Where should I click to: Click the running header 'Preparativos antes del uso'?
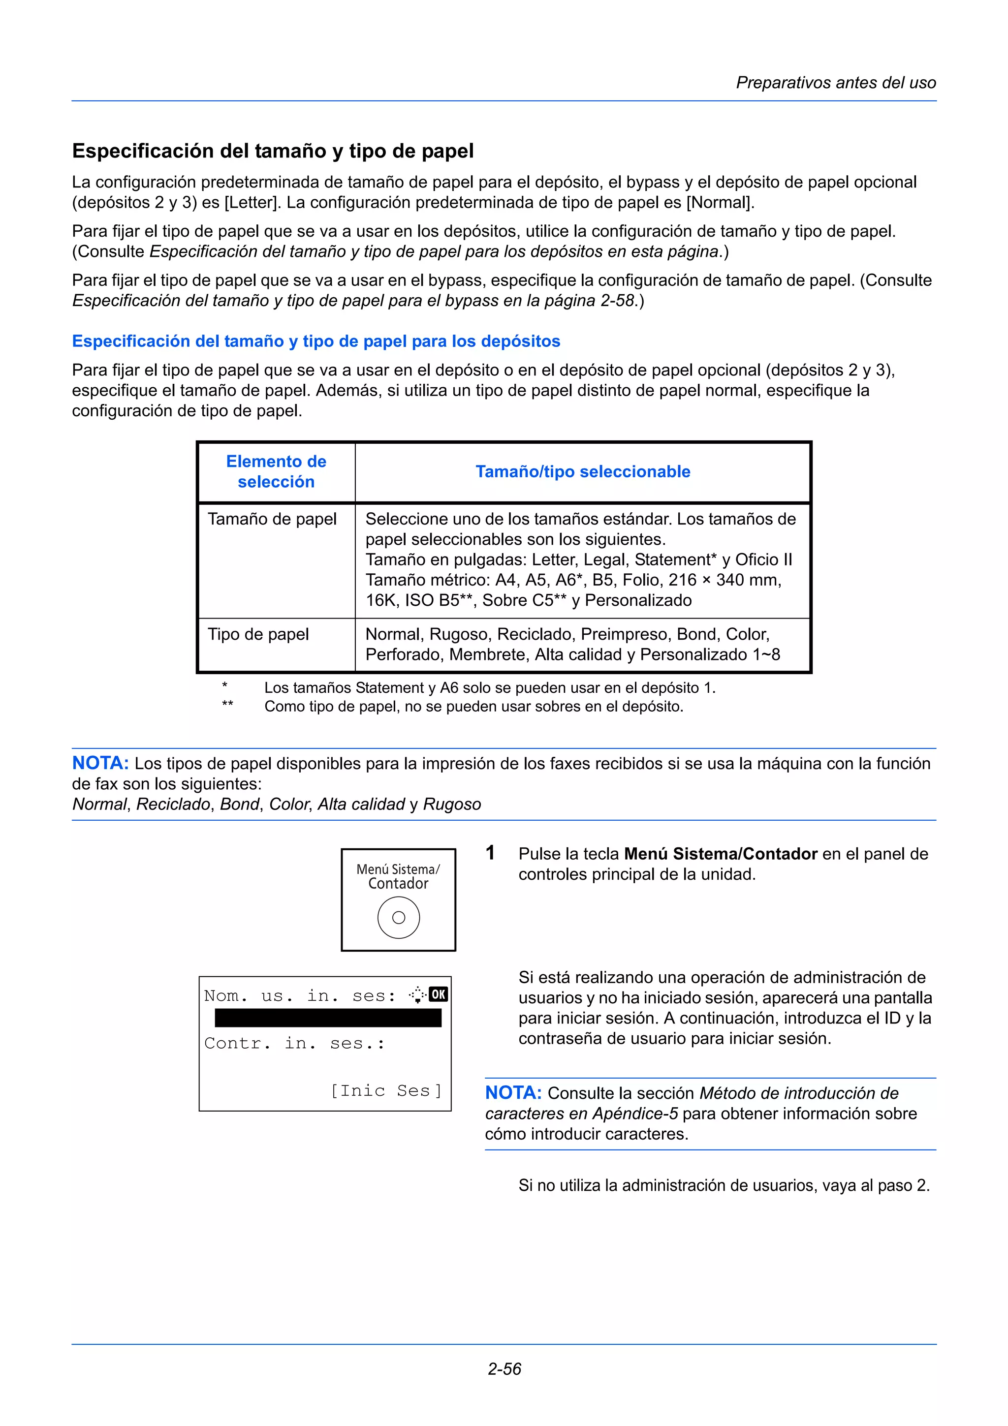click(x=835, y=83)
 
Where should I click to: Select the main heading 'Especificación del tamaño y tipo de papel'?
click(x=273, y=151)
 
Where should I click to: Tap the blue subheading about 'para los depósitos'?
click(x=315, y=341)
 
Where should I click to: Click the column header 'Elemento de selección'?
click(x=276, y=471)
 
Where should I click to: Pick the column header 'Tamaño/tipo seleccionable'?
click(x=583, y=471)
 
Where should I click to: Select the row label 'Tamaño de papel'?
click(x=272, y=519)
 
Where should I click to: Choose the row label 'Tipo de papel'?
click(x=258, y=634)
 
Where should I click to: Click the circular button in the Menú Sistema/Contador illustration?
click(x=398, y=917)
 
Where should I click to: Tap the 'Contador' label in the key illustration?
click(x=398, y=884)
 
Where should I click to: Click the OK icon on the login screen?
click(x=439, y=994)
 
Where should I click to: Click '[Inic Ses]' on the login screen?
click(x=386, y=1090)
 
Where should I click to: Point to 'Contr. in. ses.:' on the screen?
click(x=294, y=1043)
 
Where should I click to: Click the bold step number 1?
click(x=490, y=853)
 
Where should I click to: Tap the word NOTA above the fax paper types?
click(x=100, y=763)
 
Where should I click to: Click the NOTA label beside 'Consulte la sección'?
click(x=513, y=1092)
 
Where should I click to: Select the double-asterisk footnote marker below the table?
click(x=227, y=704)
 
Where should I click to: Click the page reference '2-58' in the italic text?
click(x=617, y=301)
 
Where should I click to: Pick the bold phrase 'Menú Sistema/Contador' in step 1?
click(x=721, y=854)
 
